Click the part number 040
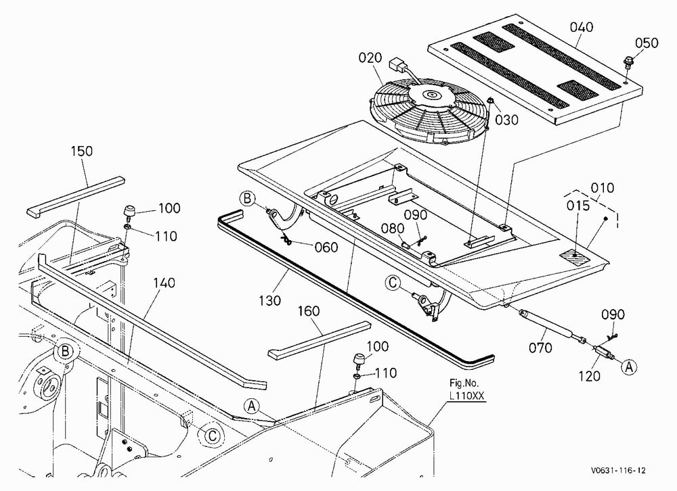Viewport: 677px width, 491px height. (x=581, y=27)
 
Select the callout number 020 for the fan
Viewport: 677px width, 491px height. (x=370, y=57)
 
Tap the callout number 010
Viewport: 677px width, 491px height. (x=602, y=188)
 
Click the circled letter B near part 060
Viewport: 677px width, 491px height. (x=247, y=198)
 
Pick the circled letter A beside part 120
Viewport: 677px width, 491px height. (x=629, y=367)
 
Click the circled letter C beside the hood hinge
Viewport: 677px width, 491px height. (x=393, y=283)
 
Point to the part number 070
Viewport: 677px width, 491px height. (x=540, y=348)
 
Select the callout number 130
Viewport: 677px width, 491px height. (x=270, y=300)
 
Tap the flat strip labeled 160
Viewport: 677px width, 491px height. (x=319, y=340)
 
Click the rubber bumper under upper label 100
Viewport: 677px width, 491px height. (x=129, y=212)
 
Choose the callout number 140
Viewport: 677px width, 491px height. (x=164, y=283)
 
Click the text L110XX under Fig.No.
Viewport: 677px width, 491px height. (x=466, y=395)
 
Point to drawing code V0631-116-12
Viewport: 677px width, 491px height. (x=618, y=470)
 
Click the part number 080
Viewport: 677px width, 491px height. (x=393, y=229)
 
